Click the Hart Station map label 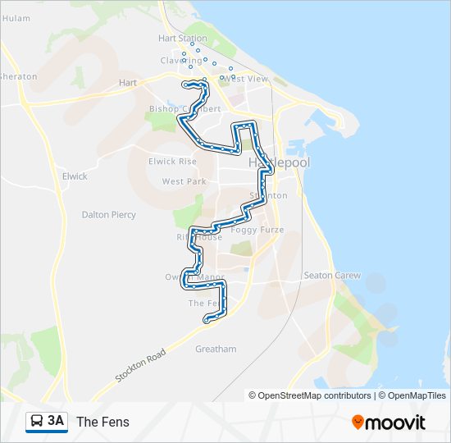(x=182, y=39)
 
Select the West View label (x=245, y=79)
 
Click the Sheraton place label (x=19, y=76)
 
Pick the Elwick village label (x=75, y=176)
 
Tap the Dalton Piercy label (x=109, y=215)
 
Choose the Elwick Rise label (x=173, y=162)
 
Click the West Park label (x=184, y=181)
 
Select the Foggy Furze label (x=257, y=230)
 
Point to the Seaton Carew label (x=332, y=276)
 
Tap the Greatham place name (x=216, y=349)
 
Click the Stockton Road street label (x=140, y=365)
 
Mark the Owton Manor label (x=194, y=276)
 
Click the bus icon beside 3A (x=37, y=422)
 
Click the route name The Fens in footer (x=102, y=422)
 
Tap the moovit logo (x=389, y=422)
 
